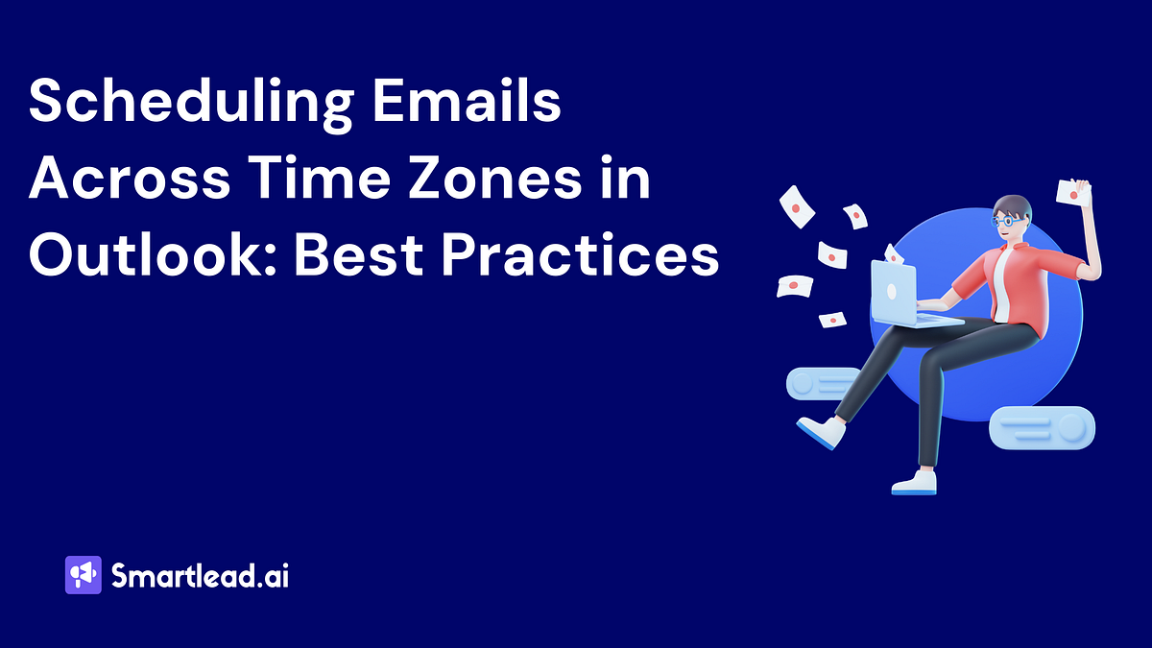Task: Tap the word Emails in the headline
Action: (471, 102)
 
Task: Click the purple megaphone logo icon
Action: (83, 575)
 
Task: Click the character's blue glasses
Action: (1005, 220)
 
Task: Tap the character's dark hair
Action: (1014, 205)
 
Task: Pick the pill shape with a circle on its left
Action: (824, 383)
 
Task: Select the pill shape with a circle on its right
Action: (1042, 428)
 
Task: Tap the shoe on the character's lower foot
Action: (914, 482)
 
